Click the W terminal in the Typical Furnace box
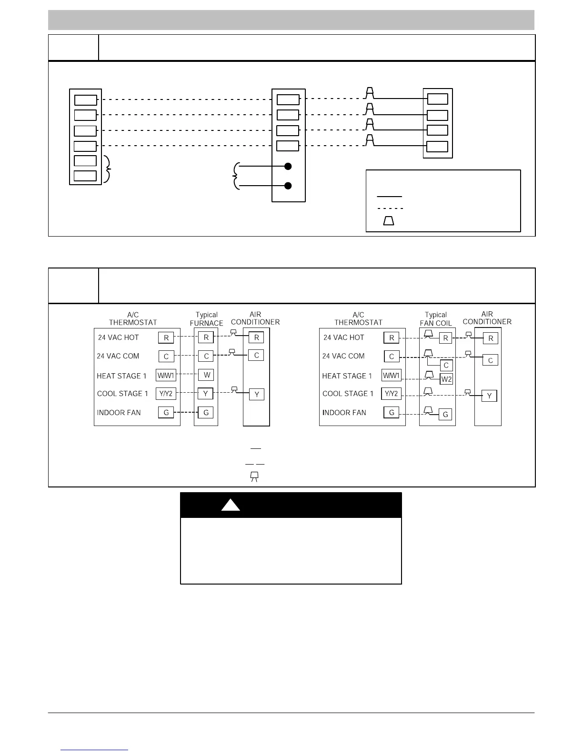(x=206, y=375)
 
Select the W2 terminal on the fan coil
(x=446, y=379)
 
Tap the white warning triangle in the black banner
(x=231, y=506)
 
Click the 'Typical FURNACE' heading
(x=206, y=319)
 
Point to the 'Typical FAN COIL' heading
(x=436, y=319)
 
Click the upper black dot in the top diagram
(x=288, y=166)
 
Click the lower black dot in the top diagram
(x=288, y=186)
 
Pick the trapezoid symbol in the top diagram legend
(x=389, y=221)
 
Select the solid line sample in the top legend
(x=390, y=196)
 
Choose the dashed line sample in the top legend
(x=390, y=208)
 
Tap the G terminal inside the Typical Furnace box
(x=206, y=413)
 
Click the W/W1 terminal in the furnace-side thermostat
(x=166, y=376)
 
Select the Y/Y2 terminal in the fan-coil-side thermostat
(x=392, y=394)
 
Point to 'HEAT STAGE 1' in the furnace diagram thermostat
(x=121, y=376)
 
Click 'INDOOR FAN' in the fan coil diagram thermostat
(x=344, y=413)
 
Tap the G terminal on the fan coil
(x=446, y=415)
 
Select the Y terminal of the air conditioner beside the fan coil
(x=489, y=396)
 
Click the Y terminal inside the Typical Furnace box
(x=206, y=394)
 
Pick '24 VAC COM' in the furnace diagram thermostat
(x=118, y=356)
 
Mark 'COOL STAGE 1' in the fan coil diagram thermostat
(x=348, y=394)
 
